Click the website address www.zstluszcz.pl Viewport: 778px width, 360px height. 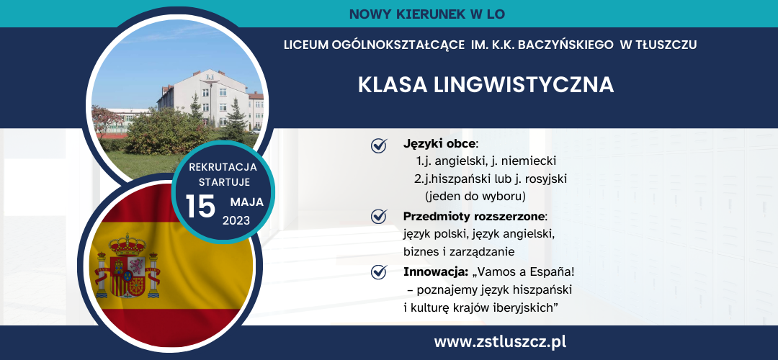click(500, 342)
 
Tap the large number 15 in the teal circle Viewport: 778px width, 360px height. click(200, 207)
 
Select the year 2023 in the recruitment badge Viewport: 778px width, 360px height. click(236, 220)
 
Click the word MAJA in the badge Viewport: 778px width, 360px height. click(246, 202)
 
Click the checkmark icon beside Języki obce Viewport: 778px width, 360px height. click(379, 145)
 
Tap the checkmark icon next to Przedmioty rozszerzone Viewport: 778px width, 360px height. click(379, 216)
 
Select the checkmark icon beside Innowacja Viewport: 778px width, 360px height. click(379, 271)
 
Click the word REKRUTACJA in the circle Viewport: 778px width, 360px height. click(223, 167)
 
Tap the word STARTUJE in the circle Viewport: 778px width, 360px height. click(224, 182)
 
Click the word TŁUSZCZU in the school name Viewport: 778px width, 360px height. click(666, 45)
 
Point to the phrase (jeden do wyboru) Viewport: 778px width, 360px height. click(475, 196)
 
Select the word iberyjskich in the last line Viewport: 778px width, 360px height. click(527, 308)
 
